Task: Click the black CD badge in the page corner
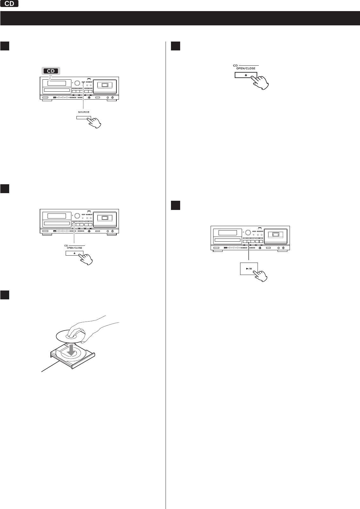(x=9, y=3)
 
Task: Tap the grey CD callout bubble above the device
(x=51, y=71)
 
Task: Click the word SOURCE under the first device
(x=84, y=112)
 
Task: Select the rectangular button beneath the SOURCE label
(x=84, y=118)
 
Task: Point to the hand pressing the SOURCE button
(x=95, y=123)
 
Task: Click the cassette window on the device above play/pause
(x=275, y=234)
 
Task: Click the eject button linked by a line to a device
(x=75, y=253)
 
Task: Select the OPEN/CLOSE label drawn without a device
(x=246, y=69)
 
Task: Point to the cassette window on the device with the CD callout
(x=105, y=85)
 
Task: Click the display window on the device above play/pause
(x=228, y=233)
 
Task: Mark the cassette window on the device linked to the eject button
(x=105, y=218)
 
